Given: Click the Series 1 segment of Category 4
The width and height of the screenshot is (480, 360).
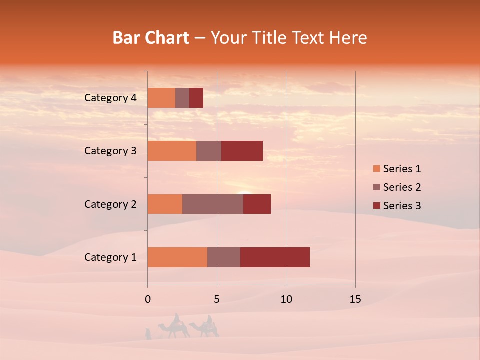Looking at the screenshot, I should point(161,98).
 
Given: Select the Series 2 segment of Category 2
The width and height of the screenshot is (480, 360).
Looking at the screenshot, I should point(213,204).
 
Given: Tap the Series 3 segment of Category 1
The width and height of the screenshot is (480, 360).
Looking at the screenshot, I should point(275,257).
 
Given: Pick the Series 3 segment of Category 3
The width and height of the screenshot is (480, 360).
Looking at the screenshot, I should point(242,151).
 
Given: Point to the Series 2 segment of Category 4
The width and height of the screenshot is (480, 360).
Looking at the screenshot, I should point(182,98).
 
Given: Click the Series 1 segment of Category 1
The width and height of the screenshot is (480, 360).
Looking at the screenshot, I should point(177,257).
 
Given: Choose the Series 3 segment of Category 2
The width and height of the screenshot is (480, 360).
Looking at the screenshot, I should point(257,204).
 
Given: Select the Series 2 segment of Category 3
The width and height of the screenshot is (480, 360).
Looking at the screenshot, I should point(209,151).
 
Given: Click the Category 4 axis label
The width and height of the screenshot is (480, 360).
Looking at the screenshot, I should point(110,98).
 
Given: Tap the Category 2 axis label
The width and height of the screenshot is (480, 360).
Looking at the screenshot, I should point(110,204).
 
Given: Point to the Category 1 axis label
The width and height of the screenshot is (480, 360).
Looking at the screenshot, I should point(110,257).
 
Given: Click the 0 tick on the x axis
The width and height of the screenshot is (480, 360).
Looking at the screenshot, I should point(148,299).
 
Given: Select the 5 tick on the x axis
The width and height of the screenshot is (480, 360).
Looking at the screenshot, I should point(217,299).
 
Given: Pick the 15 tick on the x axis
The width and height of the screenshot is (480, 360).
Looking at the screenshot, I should point(355,299).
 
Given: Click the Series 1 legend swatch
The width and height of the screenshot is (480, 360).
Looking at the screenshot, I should point(376,169).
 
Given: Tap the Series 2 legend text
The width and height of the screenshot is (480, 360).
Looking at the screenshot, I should point(402,187).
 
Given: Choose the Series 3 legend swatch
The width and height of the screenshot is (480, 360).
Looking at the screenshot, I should point(376,206).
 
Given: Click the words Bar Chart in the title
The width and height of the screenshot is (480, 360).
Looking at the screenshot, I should point(151,38).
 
